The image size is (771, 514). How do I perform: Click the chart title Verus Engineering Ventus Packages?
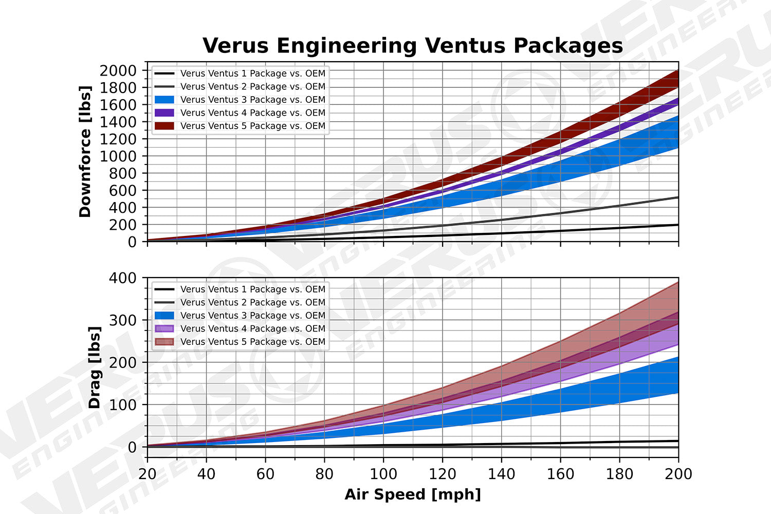click(x=412, y=46)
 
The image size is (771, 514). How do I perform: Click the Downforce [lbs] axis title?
click(x=85, y=152)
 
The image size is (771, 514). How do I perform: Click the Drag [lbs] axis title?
click(x=94, y=367)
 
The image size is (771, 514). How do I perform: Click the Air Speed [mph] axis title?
click(x=413, y=494)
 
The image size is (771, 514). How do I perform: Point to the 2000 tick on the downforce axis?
click(x=118, y=70)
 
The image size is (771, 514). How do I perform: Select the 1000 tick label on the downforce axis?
click(x=118, y=156)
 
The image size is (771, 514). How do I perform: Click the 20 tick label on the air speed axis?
click(x=148, y=473)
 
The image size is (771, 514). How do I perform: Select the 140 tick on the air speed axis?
click(x=501, y=473)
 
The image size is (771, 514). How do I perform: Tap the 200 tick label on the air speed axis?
click(x=678, y=473)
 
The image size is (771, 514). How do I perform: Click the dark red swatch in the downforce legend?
click(x=164, y=126)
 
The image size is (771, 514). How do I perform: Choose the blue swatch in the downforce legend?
click(x=164, y=100)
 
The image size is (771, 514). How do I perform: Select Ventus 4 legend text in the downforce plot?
click(x=253, y=113)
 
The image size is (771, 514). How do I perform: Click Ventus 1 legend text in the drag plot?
click(x=253, y=289)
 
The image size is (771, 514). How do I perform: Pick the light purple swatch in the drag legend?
click(x=164, y=329)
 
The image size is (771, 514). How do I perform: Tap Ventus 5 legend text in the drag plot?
click(x=253, y=342)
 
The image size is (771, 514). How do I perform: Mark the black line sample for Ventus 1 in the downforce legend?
click(x=164, y=74)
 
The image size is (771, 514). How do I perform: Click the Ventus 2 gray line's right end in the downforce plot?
click(x=677, y=197)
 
